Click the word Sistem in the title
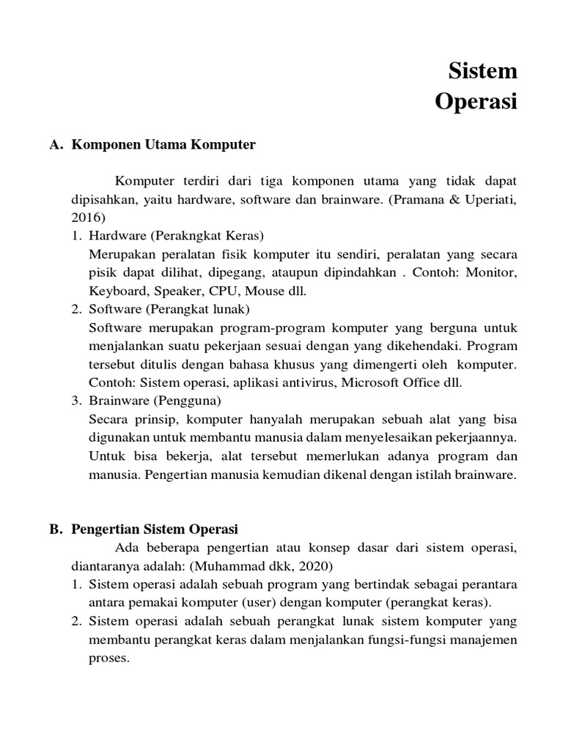482,72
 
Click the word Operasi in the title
476,102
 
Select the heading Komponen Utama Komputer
163,145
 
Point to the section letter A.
54,145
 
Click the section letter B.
54,529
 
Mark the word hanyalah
280,420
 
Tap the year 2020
317,565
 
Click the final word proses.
108,657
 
